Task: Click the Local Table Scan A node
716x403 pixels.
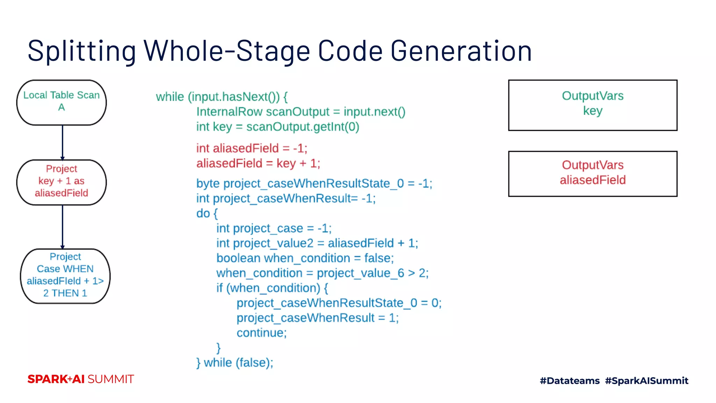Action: (62, 102)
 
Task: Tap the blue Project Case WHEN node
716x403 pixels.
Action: (65, 276)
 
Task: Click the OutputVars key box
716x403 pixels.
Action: (593, 105)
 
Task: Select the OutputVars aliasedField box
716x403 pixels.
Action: (593, 174)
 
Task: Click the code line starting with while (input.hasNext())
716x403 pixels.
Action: (222, 97)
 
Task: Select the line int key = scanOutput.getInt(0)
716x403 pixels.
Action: (278, 127)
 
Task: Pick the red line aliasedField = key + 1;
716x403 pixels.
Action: (258, 163)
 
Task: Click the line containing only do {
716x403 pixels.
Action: (207, 213)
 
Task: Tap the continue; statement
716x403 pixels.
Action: (262, 333)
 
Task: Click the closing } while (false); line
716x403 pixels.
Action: (235, 363)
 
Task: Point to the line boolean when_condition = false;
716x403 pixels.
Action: (305, 258)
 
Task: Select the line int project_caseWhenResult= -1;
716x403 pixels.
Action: (286, 199)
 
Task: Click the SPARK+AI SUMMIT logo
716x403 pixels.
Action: (81, 379)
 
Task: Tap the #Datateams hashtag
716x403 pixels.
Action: (570, 381)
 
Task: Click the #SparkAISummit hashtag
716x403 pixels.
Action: (646, 381)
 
